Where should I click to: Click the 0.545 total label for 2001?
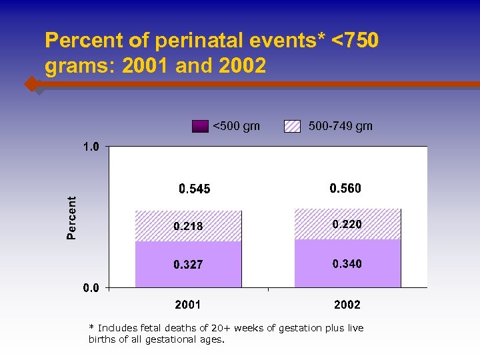click(194, 189)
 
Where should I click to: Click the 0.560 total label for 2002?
click(345, 189)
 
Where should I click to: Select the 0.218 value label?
click(188, 227)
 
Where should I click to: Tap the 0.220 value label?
click(347, 225)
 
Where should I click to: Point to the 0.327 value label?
click(188, 265)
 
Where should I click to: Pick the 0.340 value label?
click(347, 264)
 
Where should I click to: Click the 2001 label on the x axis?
click(188, 305)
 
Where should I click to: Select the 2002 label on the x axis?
click(347, 305)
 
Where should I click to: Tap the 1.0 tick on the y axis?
click(91, 147)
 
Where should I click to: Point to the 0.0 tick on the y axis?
click(91, 288)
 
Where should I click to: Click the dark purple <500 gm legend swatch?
click(200, 126)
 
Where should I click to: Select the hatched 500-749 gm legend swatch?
click(293, 126)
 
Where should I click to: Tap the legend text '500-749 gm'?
click(341, 126)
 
